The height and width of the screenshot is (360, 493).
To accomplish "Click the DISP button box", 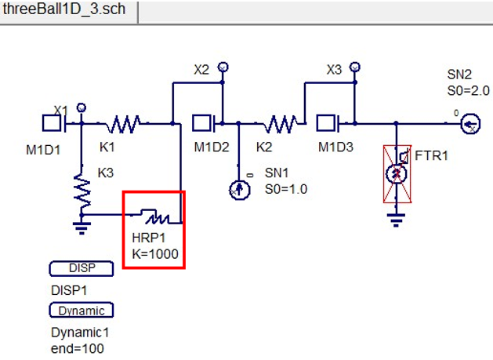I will pyautogui.click(x=82, y=268).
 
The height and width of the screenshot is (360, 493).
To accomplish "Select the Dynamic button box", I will pyautogui.click(x=82, y=310).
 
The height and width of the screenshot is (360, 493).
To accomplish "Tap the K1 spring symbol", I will pyautogui.click(x=125, y=123).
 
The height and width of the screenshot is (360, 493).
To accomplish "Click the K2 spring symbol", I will pyautogui.click(x=280, y=123).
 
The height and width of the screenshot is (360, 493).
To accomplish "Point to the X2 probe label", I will pyautogui.click(x=201, y=69).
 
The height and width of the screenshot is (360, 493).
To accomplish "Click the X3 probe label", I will pyautogui.click(x=335, y=69).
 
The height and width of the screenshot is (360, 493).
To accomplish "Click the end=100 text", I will pyautogui.click(x=78, y=348).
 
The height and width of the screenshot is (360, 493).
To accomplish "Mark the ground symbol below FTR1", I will pyautogui.click(x=397, y=216).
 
